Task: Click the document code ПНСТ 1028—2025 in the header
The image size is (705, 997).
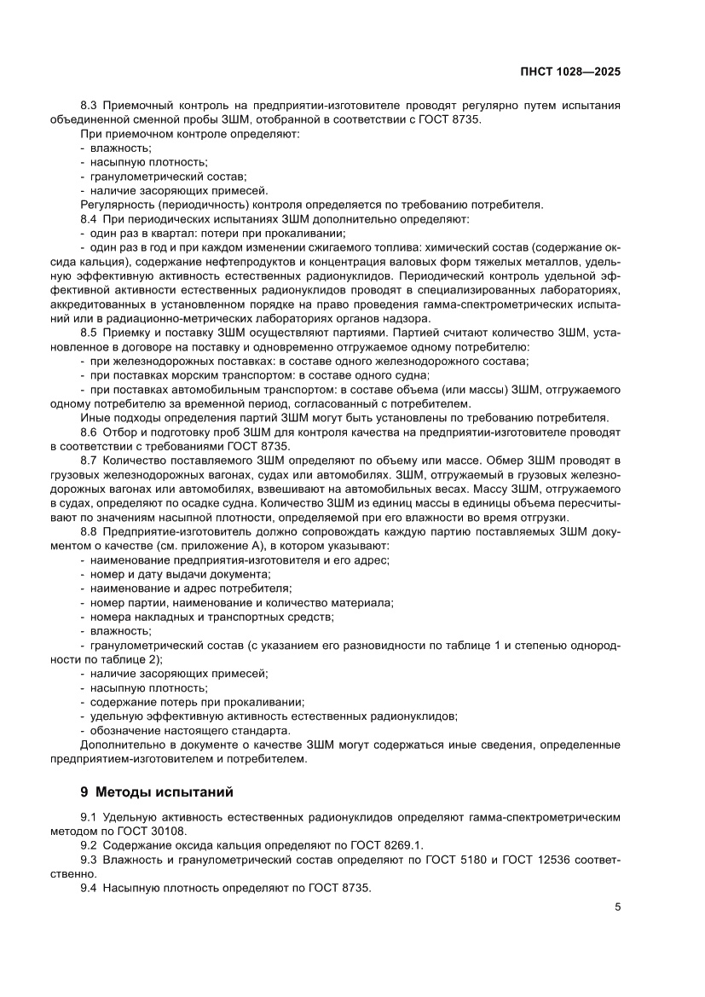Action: coord(569,72)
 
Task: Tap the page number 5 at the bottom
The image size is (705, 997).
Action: coord(617,907)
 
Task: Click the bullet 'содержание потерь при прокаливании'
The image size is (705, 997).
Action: coord(191,702)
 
